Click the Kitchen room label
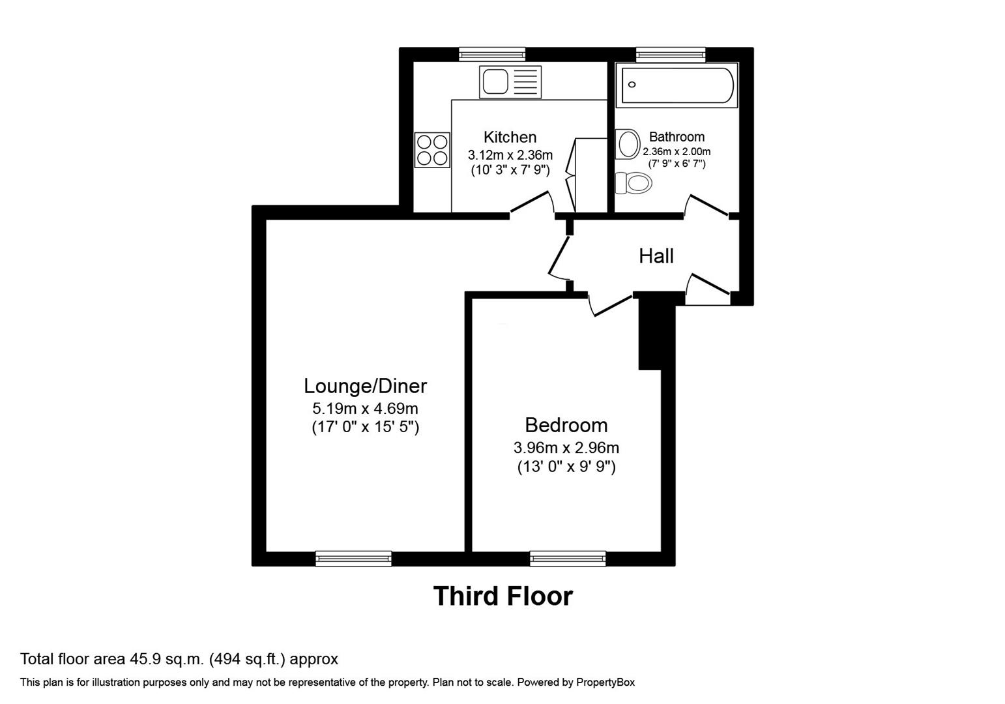click(510, 137)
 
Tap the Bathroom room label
click(677, 137)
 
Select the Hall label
click(656, 256)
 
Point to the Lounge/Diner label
click(365, 386)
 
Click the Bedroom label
click(566, 425)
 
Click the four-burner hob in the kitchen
click(432, 149)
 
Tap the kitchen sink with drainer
click(510, 82)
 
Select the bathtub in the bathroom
click(677, 85)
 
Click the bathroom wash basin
click(628, 144)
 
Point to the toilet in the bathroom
click(633, 183)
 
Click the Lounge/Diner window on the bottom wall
click(353, 558)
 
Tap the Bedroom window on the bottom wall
click(567, 558)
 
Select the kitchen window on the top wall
click(492, 54)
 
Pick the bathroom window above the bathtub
click(671, 54)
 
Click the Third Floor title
click(502, 596)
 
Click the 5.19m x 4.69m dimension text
click(365, 409)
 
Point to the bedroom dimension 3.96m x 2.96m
click(566, 448)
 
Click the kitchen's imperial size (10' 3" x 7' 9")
click(510, 171)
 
